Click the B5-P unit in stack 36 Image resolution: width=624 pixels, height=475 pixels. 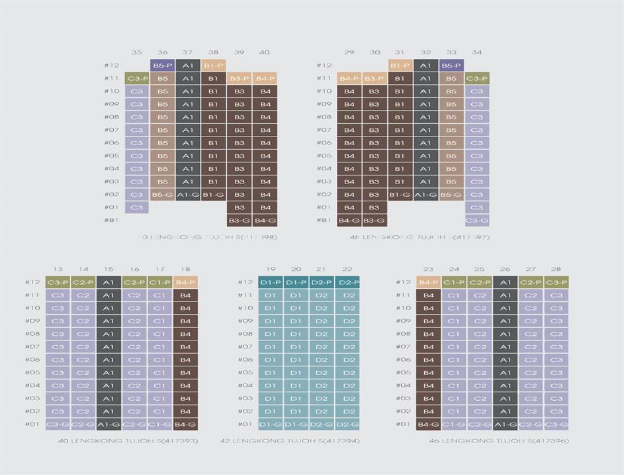coord(162,66)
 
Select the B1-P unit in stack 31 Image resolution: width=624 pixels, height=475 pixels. coord(400,66)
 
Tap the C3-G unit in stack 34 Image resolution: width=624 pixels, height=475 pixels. coord(476,221)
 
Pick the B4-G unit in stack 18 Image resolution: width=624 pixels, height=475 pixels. coord(185,425)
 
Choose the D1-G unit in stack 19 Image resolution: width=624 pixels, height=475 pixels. coord(271,425)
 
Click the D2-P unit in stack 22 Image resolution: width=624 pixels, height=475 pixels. coord(347,282)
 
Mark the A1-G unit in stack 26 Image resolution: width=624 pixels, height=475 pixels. coord(505,425)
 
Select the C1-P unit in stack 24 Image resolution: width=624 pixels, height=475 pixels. coord(454,282)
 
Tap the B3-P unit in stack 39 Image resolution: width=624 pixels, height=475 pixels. coord(239,78)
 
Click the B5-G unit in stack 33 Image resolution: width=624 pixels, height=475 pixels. coord(451,195)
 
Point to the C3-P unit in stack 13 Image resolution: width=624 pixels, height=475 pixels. coord(58,282)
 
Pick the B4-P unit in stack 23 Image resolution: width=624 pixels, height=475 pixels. coord(428,282)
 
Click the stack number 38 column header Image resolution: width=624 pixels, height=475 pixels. coord(213,52)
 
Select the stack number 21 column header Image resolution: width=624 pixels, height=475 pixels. coord(322,269)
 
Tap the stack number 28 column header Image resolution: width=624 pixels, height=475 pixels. coord(556,269)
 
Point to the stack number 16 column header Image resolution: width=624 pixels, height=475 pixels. coord(134,269)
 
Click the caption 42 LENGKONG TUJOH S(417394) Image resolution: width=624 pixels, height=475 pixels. coord(290,441)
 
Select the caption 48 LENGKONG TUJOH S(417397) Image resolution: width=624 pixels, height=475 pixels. coord(420,237)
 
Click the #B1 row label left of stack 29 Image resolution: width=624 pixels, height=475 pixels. coord(324,221)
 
